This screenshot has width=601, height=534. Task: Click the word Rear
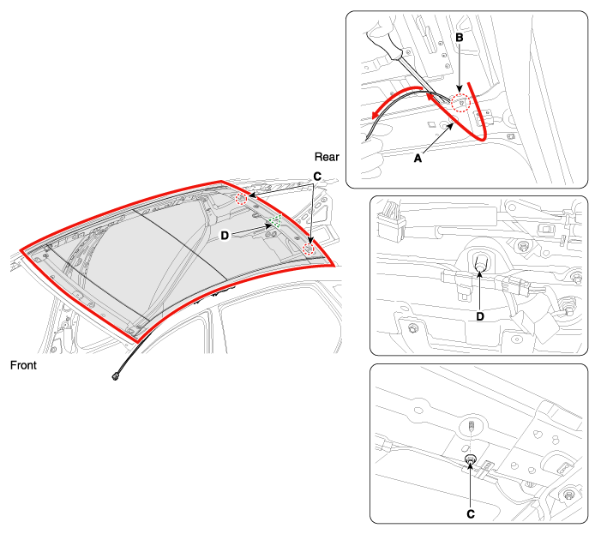[x=327, y=157]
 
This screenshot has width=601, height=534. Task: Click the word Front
[x=23, y=365]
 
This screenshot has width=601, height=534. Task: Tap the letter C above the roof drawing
[x=317, y=177]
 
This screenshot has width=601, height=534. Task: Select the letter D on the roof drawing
[x=225, y=236]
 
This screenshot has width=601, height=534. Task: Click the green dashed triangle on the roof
[x=275, y=221]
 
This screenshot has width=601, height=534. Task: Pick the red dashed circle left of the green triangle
[x=242, y=199]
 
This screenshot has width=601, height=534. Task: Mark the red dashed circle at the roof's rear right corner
[x=308, y=249]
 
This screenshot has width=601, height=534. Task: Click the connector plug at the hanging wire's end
[x=115, y=377]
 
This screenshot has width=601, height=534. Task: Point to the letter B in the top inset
[x=460, y=38]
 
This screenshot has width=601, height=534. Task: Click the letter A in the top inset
[x=418, y=159]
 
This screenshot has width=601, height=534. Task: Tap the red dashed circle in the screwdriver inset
[x=460, y=103]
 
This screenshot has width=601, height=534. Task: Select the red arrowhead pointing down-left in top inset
[x=376, y=114]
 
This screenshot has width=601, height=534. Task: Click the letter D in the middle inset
[x=480, y=316]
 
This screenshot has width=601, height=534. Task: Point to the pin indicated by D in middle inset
[x=480, y=262]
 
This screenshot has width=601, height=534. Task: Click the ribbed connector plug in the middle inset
[x=391, y=223]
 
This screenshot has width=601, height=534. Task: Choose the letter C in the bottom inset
[x=471, y=514]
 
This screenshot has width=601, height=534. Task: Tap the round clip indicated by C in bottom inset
[x=471, y=459]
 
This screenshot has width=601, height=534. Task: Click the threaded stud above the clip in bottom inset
[x=472, y=425]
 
